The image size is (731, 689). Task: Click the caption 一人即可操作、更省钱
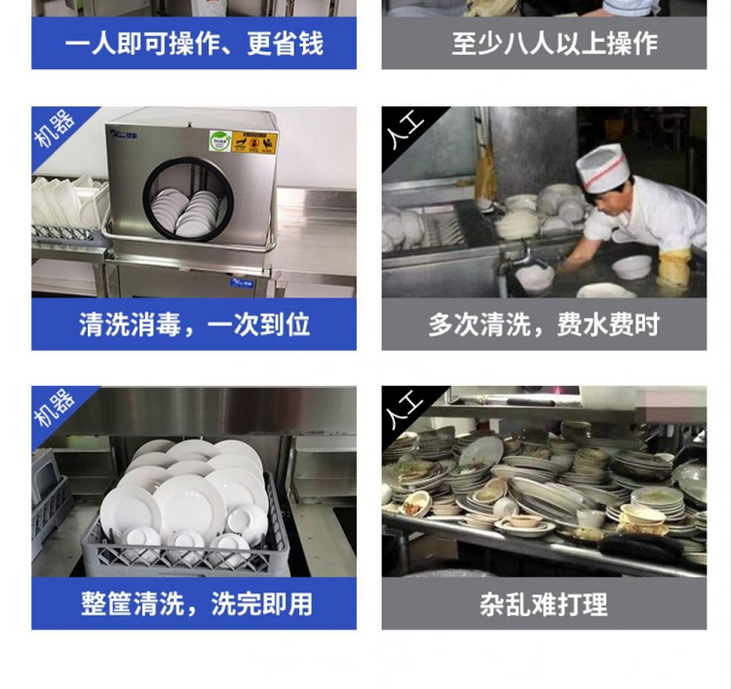click(x=194, y=44)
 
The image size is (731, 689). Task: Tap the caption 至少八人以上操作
click(x=555, y=44)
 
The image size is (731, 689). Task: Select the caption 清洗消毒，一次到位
click(x=194, y=325)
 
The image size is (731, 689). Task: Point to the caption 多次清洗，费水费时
click(x=544, y=325)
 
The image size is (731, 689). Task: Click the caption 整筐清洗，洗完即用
click(x=196, y=604)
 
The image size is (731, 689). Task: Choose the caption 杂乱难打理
click(x=544, y=604)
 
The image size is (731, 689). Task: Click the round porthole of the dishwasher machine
click(x=188, y=200)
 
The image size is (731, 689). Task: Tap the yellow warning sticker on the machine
click(x=254, y=141)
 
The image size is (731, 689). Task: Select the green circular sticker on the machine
click(x=220, y=140)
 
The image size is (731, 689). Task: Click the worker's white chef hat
click(x=602, y=168)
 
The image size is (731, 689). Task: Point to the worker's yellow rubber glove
click(x=674, y=267)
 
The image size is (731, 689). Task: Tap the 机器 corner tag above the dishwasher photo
click(x=55, y=129)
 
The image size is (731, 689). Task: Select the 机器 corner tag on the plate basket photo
click(x=55, y=408)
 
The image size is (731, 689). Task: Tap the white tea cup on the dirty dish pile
click(x=591, y=518)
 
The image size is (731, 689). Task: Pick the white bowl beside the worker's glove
click(x=632, y=267)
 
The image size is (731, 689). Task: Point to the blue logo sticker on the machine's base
click(x=241, y=283)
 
